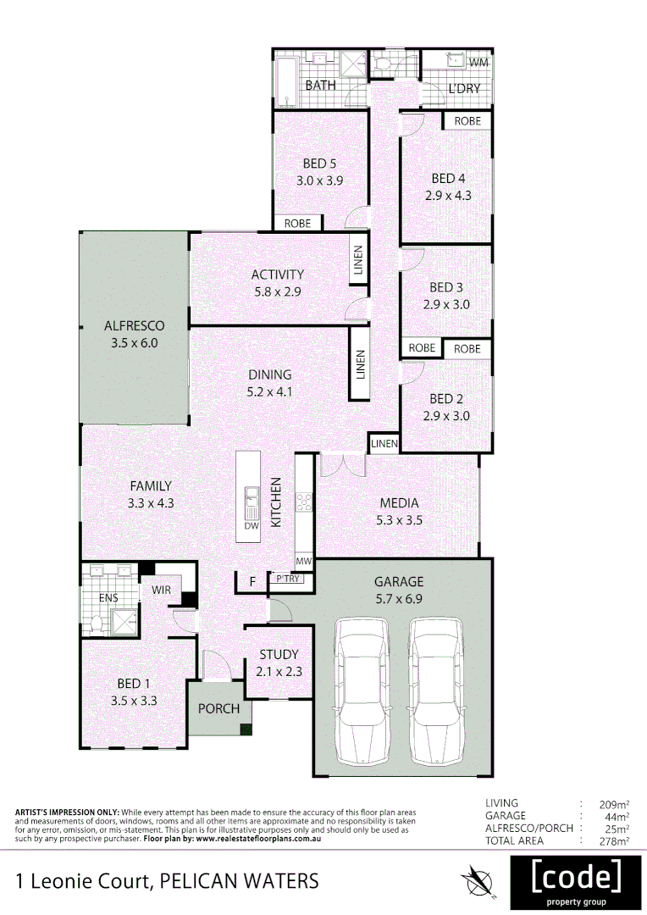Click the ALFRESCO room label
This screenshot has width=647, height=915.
tap(134, 325)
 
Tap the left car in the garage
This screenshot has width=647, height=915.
tap(362, 690)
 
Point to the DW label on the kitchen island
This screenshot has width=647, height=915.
tap(251, 526)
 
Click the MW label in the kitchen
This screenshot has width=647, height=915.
tap(304, 561)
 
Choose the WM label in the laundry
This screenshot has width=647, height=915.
tap(478, 63)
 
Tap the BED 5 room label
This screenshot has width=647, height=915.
tap(319, 164)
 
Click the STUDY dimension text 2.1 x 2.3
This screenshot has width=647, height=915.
tap(279, 671)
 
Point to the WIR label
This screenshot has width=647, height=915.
tap(162, 590)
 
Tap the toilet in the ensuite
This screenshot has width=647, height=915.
tap(96, 624)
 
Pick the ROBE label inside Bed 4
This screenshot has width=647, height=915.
tap(467, 121)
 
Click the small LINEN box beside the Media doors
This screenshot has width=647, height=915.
tap(384, 444)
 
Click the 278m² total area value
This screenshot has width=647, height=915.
tap(611, 840)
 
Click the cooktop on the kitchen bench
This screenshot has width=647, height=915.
tap(304, 502)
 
